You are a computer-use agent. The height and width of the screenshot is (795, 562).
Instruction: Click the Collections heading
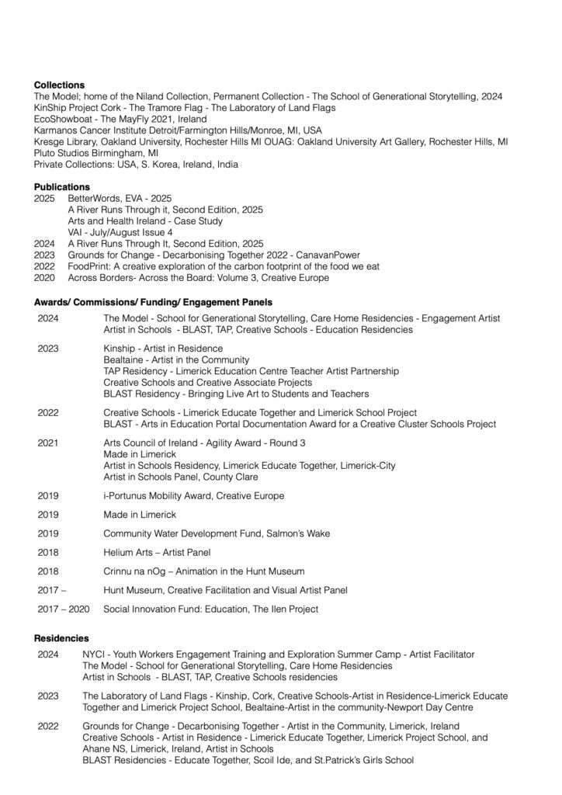pyautogui.click(x=59, y=85)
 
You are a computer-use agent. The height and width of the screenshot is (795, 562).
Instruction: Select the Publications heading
pyautogui.click(x=61, y=187)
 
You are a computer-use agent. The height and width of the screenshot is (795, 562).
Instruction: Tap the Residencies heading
pyautogui.click(x=61, y=637)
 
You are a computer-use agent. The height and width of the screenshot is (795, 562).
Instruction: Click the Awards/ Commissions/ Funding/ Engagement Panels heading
pyautogui.click(x=152, y=302)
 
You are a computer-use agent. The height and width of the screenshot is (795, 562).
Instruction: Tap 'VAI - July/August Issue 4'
pyautogui.click(x=120, y=232)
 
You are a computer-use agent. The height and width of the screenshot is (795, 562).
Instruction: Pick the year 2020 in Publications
pyautogui.click(x=44, y=277)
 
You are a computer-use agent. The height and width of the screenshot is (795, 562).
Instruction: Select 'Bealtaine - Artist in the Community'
pyautogui.click(x=176, y=360)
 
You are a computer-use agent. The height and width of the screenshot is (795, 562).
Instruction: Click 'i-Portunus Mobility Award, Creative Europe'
pyautogui.click(x=193, y=495)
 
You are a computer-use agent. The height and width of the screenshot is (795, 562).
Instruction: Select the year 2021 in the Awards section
pyautogui.click(x=48, y=443)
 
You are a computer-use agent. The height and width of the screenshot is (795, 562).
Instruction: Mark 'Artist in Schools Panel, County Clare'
pyautogui.click(x=181, y=477)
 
